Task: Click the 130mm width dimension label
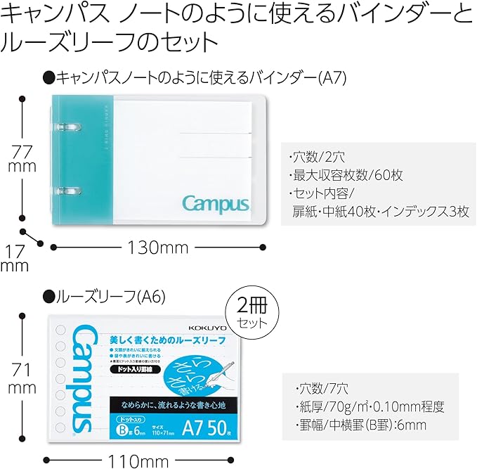(x=159, y=247)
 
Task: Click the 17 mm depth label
(x=15, y=257)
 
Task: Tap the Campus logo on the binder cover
(x=216, y=204)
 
